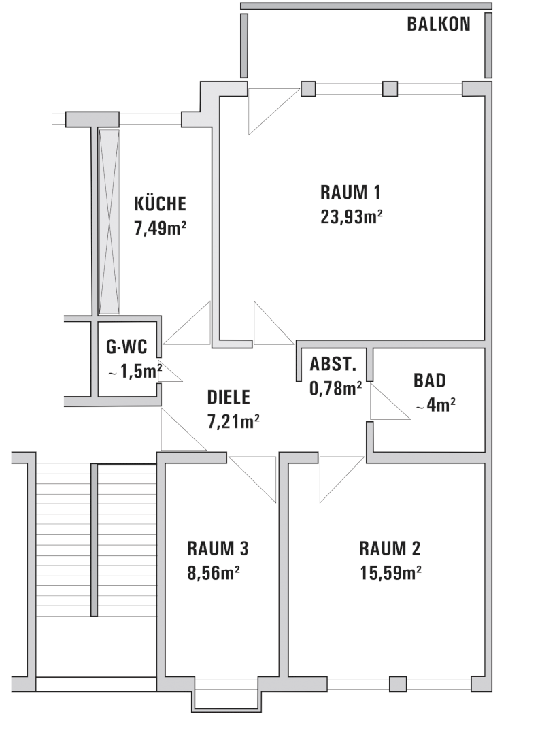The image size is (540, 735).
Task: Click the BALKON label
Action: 439,24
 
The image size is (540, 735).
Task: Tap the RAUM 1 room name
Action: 350,192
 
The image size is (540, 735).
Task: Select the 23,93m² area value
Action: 351,217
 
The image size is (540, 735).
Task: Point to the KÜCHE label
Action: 161,203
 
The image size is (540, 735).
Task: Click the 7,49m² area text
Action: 161,228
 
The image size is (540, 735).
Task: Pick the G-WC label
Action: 126,347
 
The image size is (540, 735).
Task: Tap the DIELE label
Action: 229,397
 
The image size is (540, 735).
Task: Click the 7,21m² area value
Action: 233,421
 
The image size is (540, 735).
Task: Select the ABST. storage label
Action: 333,363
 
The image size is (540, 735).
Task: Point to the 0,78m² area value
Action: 335,388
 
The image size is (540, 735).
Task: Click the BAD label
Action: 429,380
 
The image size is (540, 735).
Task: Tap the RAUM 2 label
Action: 390,548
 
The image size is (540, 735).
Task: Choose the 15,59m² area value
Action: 390,573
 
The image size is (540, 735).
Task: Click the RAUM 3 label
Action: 218,548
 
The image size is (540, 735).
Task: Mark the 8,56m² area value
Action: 214,573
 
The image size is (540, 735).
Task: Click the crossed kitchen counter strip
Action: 109,221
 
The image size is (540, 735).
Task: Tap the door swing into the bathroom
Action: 390,402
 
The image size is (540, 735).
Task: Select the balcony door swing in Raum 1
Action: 273,112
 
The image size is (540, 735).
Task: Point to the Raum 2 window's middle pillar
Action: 398,684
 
